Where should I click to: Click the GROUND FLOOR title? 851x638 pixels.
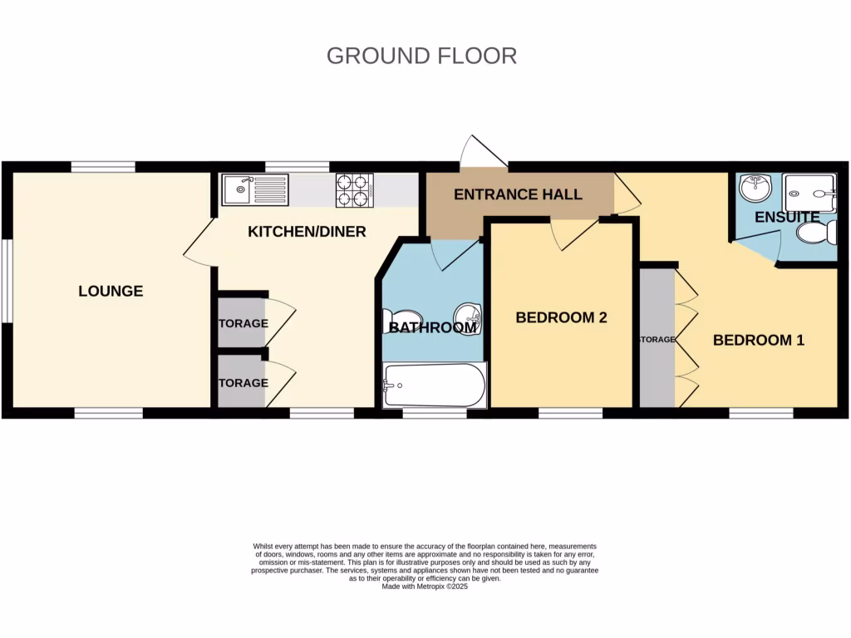421,56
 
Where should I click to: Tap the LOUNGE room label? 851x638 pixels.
111,292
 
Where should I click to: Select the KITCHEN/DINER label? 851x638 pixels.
307,232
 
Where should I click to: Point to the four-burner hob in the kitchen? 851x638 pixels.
353,190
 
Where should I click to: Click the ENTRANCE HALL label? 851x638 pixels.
517,194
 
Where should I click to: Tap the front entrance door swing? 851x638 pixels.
484,150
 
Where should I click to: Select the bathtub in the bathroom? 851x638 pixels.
433,385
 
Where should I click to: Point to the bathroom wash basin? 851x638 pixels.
468,314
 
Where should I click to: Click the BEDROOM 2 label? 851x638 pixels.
561,317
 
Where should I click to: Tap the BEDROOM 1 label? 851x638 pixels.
758,340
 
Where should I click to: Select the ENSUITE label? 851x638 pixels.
787,218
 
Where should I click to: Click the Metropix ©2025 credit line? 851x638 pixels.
425,586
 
